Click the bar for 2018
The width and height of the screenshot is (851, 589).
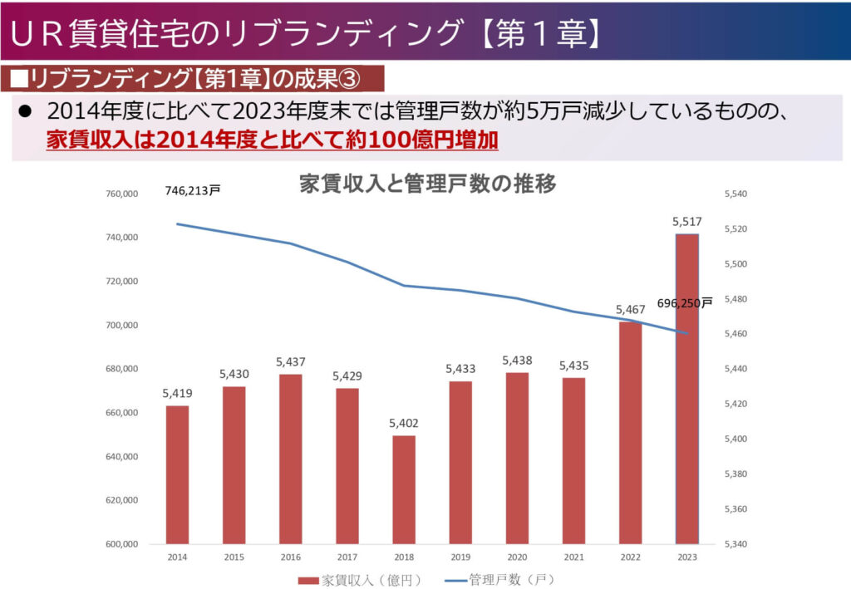coord(404,490)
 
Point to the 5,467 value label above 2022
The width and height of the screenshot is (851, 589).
coord(630,310)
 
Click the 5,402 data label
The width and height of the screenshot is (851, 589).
coord(404,424)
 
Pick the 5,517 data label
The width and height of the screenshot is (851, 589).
coord(686,222)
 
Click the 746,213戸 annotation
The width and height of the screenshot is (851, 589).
coord(193,191)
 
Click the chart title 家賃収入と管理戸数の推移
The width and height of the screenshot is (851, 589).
coord(427,184)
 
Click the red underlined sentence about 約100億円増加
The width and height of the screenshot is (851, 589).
coord(273,139)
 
